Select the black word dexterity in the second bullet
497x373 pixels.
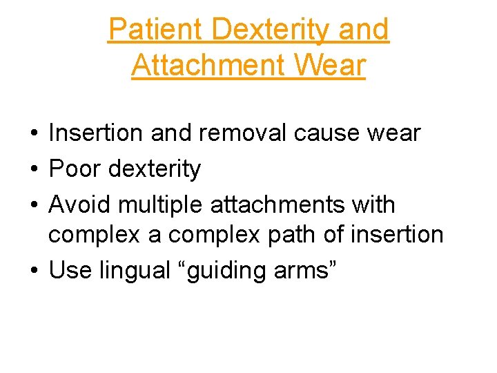(x=154, y=169)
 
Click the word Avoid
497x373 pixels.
(x=79, y=204)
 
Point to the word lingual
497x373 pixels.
(x=132, y=271)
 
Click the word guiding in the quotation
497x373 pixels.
(x=220, y=271)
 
